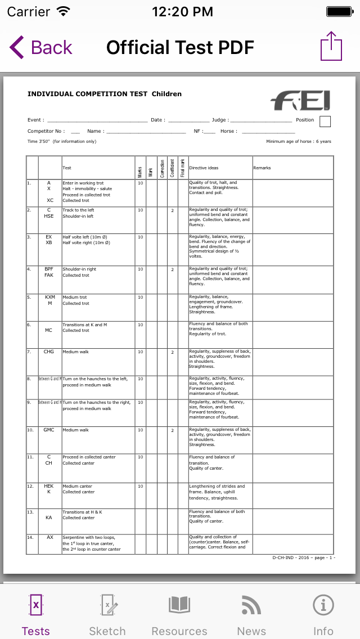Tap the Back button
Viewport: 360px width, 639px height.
tap(41, 48)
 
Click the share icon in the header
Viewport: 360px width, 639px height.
tap(331, 47)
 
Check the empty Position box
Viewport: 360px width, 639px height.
tap(325, 121)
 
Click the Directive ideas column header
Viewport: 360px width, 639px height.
tap(204, 168)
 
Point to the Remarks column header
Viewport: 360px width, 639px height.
tap(262, 168)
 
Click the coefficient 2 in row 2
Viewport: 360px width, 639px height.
tap(172, 210)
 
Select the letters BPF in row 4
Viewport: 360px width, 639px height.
tap(49, 269)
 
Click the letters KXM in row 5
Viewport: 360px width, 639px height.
tap(50, 297)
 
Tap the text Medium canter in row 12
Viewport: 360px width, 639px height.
tap(75, 486)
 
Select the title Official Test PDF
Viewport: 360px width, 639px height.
tap(180, 48)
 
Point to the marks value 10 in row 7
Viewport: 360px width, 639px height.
tap(140, 352)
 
